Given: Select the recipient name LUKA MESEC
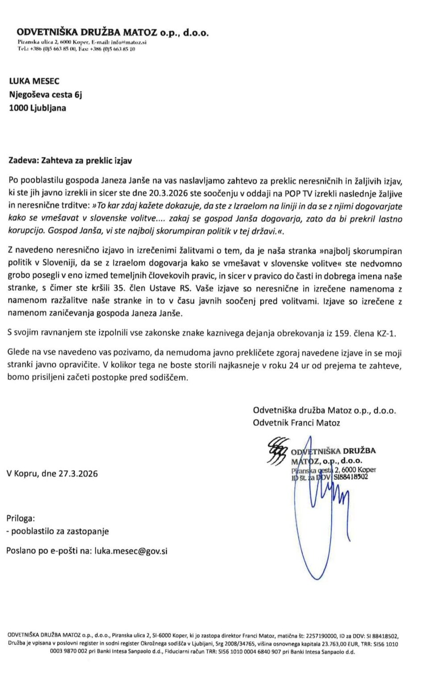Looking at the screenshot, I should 34,81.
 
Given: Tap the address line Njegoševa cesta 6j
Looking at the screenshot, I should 46,95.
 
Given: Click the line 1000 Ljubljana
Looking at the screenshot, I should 37,108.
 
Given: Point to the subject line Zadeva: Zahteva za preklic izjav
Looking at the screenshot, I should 70,161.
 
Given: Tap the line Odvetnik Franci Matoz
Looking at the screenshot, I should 296,423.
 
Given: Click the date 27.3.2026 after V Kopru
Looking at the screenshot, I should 78,474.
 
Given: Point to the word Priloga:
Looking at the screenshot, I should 21,518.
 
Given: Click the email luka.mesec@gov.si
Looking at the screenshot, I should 131,551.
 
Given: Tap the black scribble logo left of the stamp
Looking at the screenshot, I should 276,451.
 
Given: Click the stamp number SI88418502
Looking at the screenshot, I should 351,477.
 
